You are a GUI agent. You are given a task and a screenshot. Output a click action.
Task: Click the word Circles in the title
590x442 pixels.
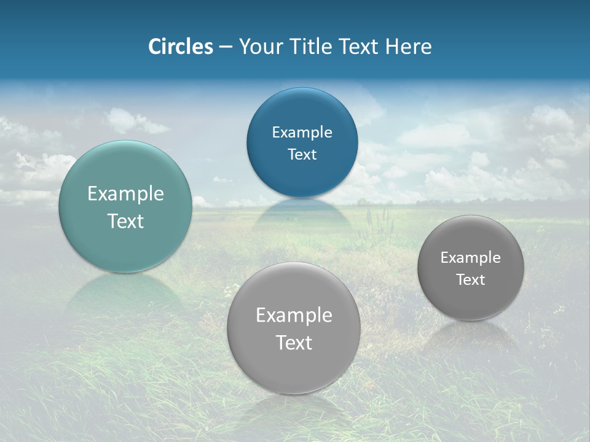pyautogui.click(x=181, y=47)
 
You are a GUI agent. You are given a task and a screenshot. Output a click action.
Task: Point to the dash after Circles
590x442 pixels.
pyautogui.click(x=226, y=47)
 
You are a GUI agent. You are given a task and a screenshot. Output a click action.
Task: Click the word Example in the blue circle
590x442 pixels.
pyautogui.click(x=302, y=133)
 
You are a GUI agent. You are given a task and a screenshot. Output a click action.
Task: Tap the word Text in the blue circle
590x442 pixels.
pyautogui.click(x=302, y=155)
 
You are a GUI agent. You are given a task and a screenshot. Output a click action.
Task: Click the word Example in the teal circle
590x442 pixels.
pyautogui.click(x=125, y=194)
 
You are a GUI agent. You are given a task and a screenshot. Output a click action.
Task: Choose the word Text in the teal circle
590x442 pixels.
pyautogui.click(x=125, y=221)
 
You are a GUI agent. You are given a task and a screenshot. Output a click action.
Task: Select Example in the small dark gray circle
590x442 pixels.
pyautogui.click(x=471, y=258)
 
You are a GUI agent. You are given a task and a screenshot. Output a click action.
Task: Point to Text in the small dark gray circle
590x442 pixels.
pyautogui.click(x=471, y=280)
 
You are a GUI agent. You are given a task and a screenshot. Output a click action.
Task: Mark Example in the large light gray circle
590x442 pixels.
pyautogui.click(x=294, y=316)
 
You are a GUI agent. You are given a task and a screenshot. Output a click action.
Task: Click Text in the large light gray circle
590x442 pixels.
pyautogui.click(x=294, y=343)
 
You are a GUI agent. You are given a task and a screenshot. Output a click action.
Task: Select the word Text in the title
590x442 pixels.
pyautogui.click(x=360, y=47)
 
